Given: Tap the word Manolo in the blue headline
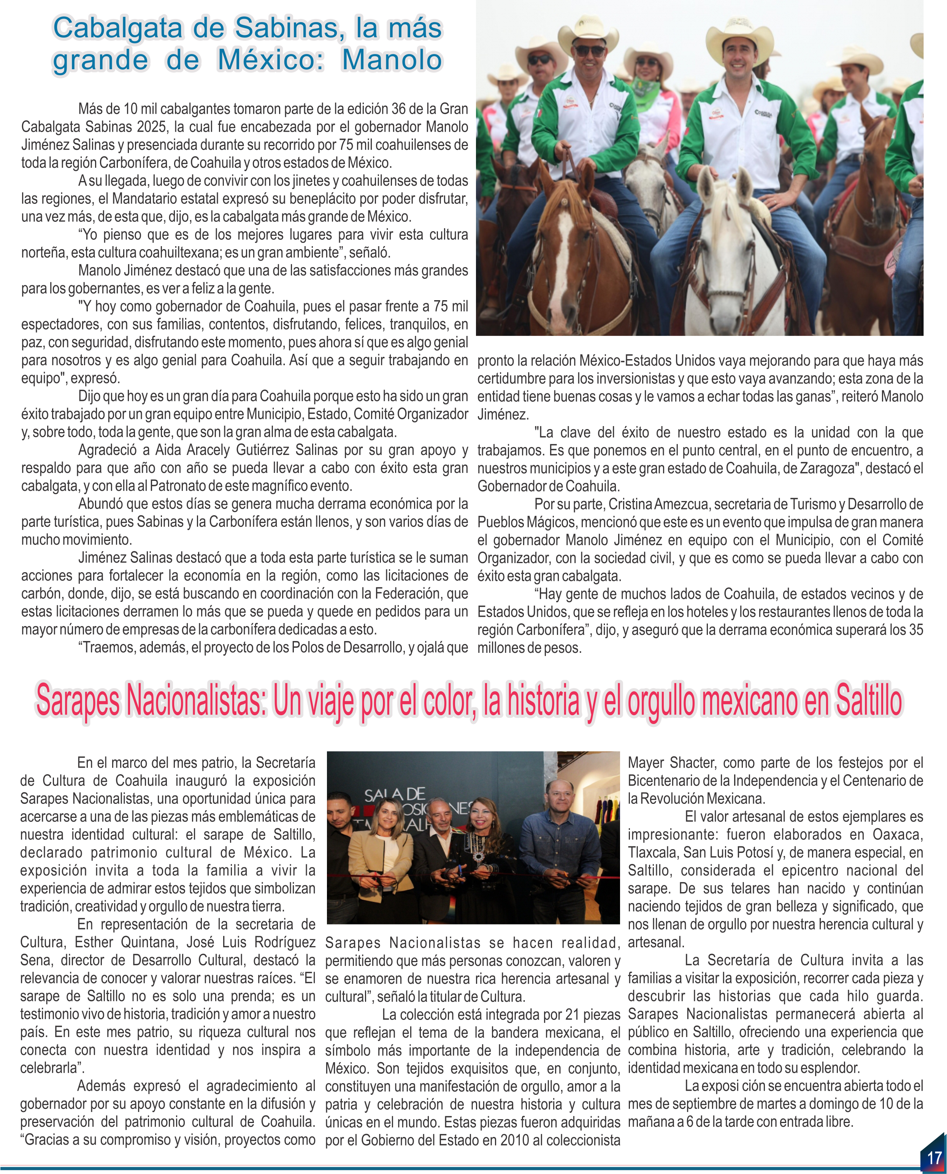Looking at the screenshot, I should pyautogui.click(x=392, y=60).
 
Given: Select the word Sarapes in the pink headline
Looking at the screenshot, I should pyautogui.click(x=78, y=702).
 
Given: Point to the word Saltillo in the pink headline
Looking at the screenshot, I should pyautogui.click(x=868, y=702).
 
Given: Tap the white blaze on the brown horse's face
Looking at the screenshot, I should pyautogui.click(x=562, y=256).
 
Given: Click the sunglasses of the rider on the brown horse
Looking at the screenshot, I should pyautogui.click(x=589, y=51).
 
